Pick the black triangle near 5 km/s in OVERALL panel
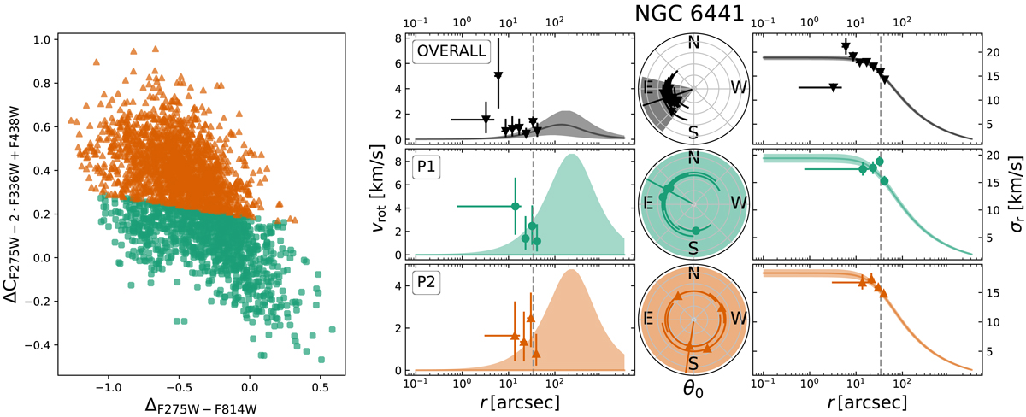pos(498,76)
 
